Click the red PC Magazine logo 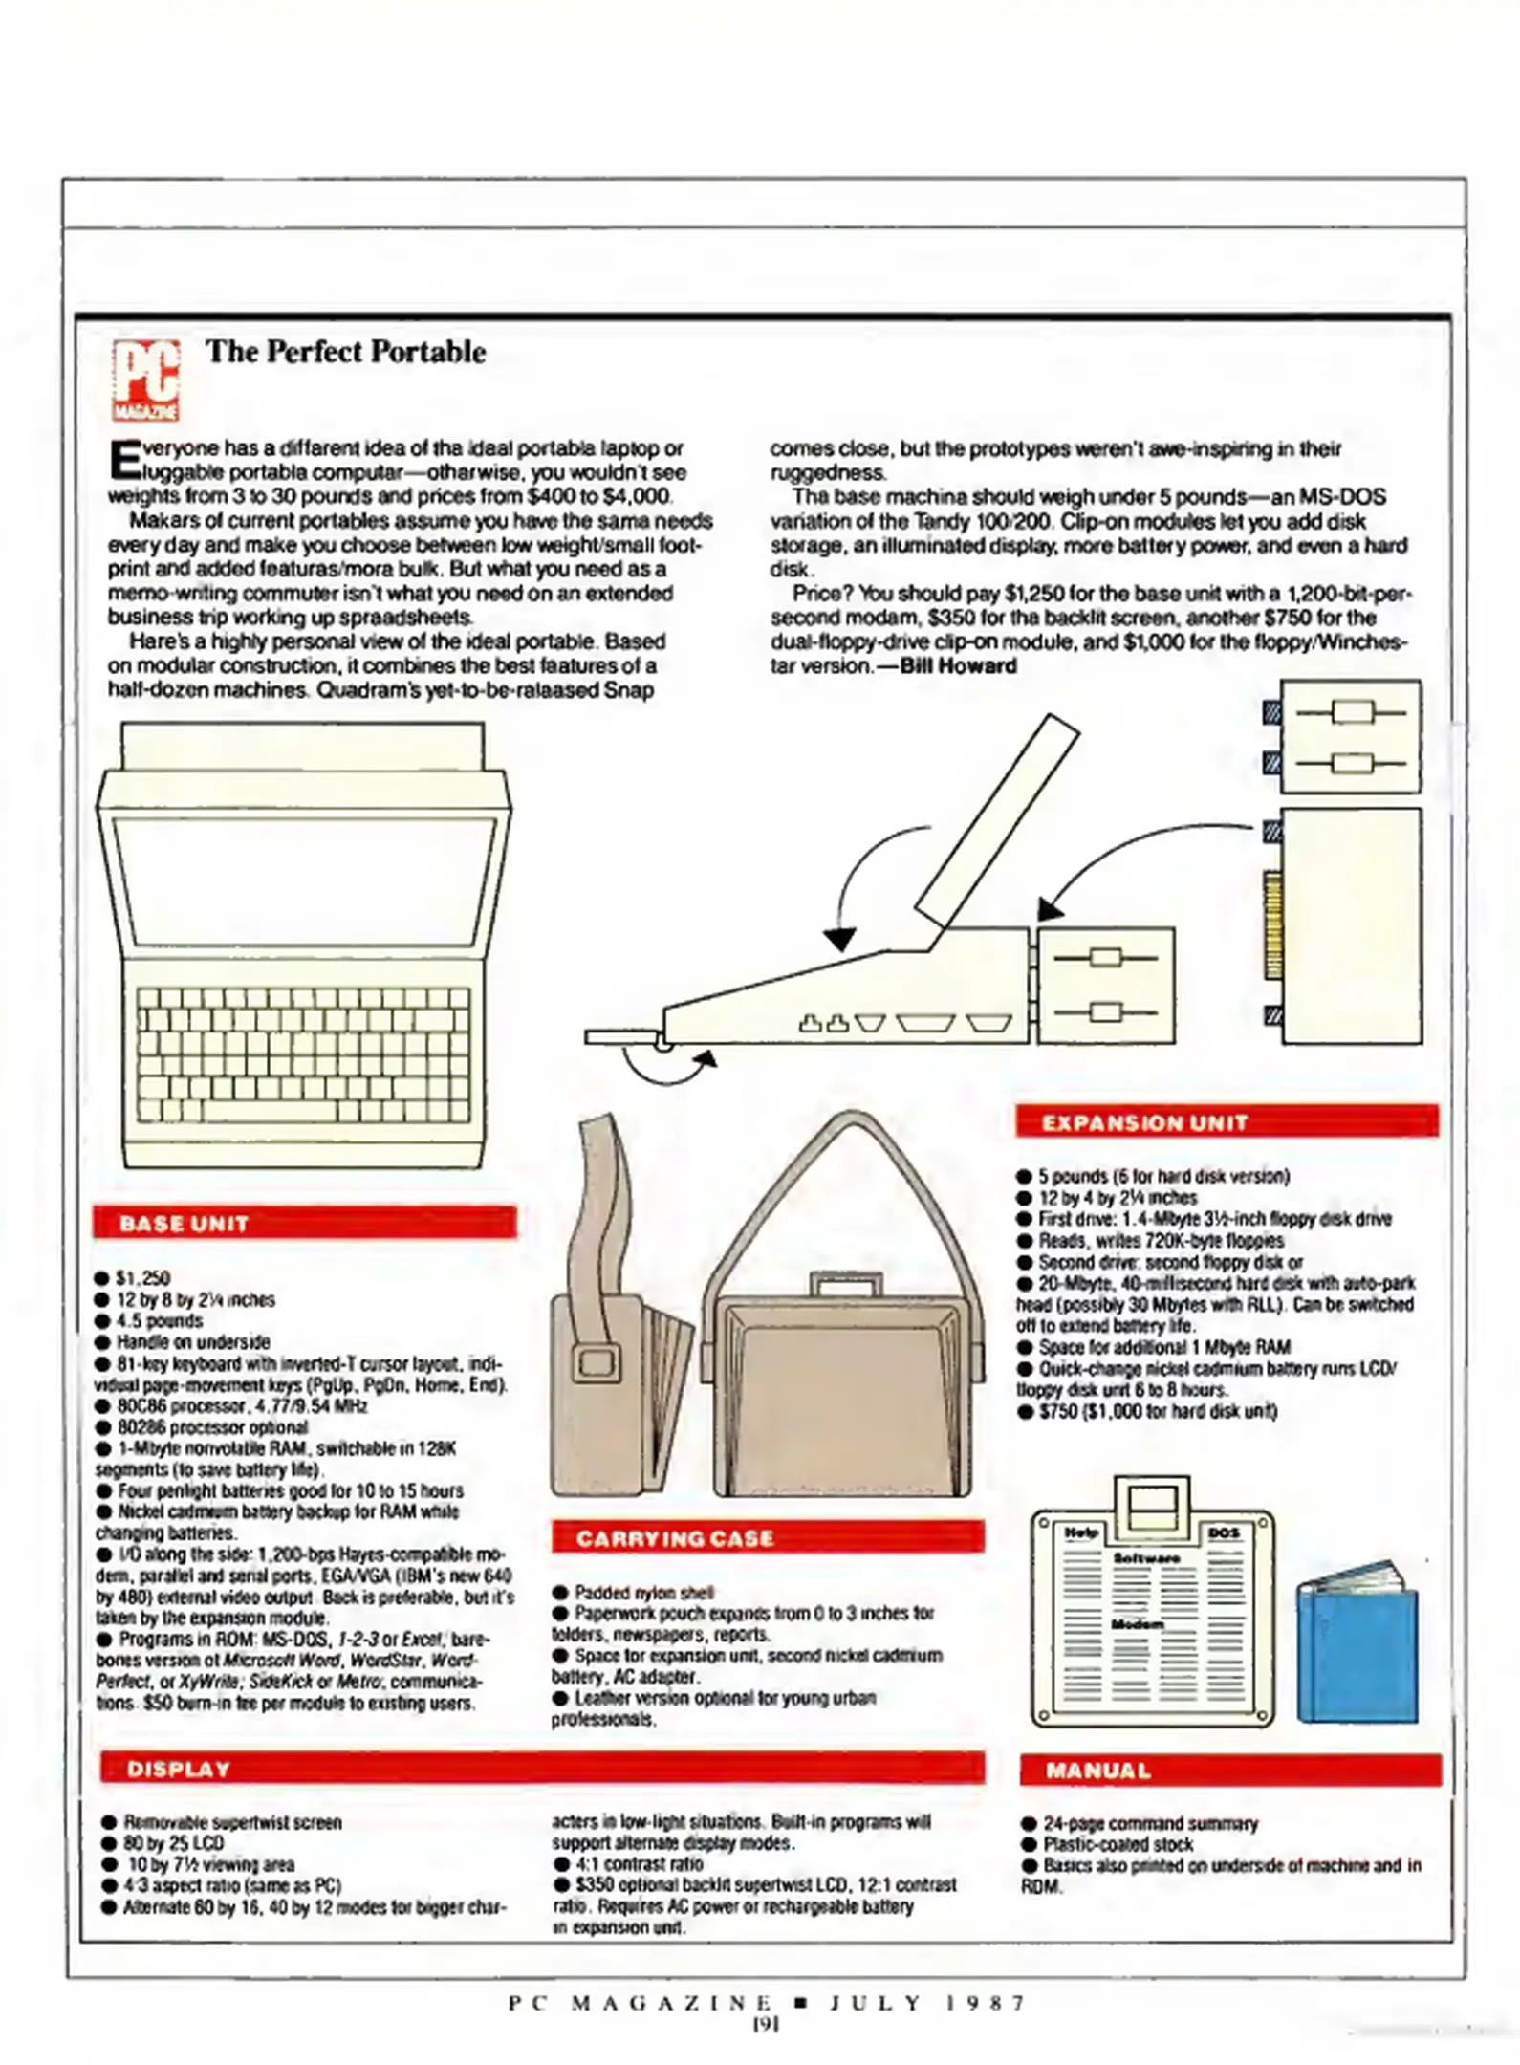[x=145, y=380]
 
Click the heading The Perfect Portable [x=345, y=352]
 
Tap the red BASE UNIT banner [x=304, y=1223]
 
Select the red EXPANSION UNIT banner [x=1227, y=1121]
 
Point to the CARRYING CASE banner [x=768, y=1537]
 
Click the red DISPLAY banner [x=542, y=1768]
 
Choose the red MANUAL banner [x=1229, y=1770]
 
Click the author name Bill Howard [x=958, y=666]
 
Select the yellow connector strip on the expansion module [x=1272, y=924]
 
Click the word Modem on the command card [x=1137, y=1624]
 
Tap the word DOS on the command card [x=1224, y=1532]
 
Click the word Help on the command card [x=1080, y=1532]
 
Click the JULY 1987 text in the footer [x=926, y=2002]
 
